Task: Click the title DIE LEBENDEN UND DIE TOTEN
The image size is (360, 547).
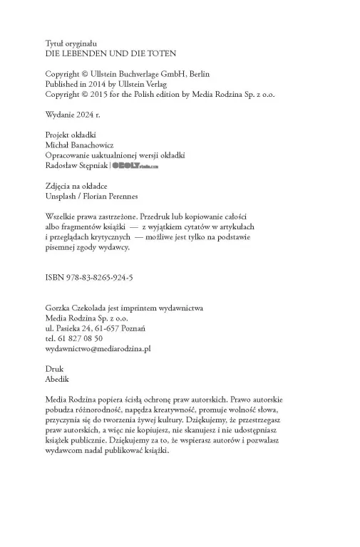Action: point(110,53)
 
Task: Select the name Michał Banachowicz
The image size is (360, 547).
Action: point(79,145)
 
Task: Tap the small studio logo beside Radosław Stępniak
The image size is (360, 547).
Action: point(135,165)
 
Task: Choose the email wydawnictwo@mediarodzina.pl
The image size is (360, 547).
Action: point(98,349)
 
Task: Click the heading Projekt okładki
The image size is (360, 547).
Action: point(71,135)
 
